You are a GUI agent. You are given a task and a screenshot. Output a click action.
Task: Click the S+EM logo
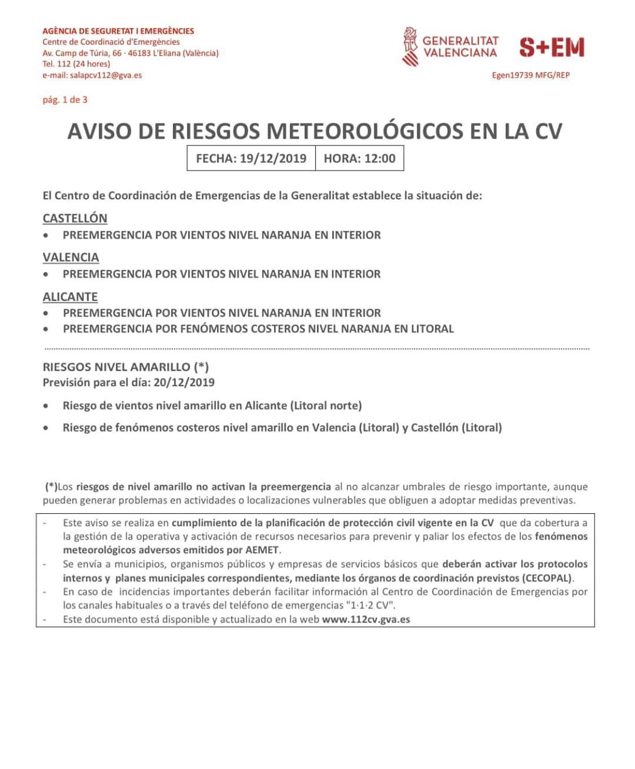tap(552, 48)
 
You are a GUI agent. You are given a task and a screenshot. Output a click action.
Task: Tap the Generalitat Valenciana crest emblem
tap(410, 46)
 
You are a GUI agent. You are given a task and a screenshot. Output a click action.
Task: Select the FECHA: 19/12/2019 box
tap(251, 158)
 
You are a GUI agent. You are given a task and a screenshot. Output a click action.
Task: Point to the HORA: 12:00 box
tap(359, 158)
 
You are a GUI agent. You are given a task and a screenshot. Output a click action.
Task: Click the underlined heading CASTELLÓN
tap(75, 218)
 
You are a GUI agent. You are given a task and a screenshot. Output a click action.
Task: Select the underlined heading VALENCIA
tap(71, 257)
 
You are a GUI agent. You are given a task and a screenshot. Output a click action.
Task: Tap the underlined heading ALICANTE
tap(70, 296)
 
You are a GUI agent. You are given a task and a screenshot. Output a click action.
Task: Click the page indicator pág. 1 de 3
tap(65, 100)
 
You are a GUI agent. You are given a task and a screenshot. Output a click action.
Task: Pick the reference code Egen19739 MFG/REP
tap(530, 75)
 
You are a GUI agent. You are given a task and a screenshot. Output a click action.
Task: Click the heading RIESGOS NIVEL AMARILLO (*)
tap(125, 367)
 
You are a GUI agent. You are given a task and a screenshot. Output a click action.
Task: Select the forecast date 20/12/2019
tap(184, 382)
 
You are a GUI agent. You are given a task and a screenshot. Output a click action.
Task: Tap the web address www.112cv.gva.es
tap(366, 619)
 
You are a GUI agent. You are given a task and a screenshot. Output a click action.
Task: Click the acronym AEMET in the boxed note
tap(263, 550)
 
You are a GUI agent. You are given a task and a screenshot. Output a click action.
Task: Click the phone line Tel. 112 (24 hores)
tap(76, 64)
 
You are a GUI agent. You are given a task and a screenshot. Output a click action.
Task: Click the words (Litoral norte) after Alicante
tap(326, 406)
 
